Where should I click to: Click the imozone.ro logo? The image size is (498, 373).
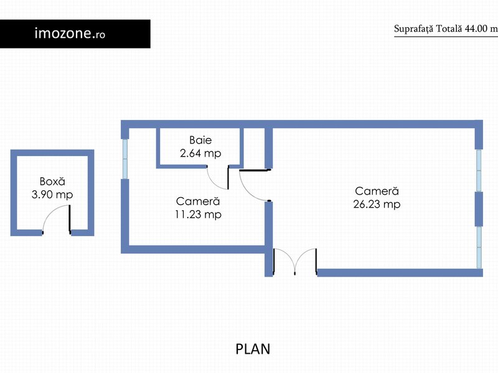70,34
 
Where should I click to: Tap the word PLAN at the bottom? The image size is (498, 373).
253,349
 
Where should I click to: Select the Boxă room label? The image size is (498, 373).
52,181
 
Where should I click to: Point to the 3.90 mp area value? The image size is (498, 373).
52,195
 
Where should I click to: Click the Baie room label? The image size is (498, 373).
200,140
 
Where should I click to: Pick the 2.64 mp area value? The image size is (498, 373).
200,153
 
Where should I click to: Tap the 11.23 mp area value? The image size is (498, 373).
198,214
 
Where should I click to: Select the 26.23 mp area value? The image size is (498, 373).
377,204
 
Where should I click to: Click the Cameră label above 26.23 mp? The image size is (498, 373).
377,191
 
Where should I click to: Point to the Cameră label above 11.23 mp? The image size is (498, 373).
198,201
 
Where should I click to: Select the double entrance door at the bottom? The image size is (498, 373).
295,261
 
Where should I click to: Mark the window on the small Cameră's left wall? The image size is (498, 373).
125,159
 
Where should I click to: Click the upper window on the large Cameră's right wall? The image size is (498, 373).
479,170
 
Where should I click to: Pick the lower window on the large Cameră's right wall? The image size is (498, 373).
479,247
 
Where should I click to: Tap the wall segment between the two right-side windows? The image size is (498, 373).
479,209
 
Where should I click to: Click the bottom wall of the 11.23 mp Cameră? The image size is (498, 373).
194,249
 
